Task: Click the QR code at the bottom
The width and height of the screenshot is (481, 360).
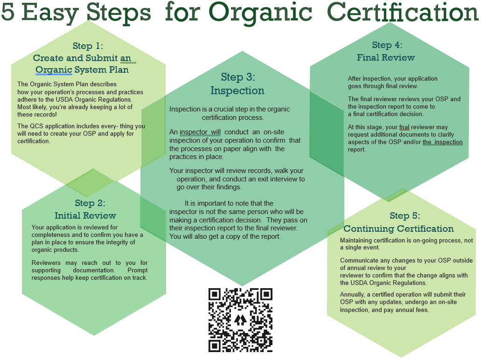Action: click(x=241, y=320)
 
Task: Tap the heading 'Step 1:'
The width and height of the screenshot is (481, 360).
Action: click(x=88, y=46)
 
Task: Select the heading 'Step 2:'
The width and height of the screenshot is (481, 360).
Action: click(x=90, y=203)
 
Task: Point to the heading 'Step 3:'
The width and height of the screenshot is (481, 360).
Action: click(x=238, y=77)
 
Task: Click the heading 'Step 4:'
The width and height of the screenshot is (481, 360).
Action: click(x=387, y=45)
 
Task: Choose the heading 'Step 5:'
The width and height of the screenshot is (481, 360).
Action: click(x=404, y=215)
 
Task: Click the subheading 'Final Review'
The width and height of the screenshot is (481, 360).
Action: click(x=386, y=57)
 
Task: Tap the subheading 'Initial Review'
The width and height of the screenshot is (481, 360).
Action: click(x=85, y=215)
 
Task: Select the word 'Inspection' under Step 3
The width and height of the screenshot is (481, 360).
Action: click(x=237, y=90)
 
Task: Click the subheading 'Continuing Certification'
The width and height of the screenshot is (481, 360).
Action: click(x=398, y=229)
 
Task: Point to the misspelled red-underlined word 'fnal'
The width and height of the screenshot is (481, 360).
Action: click(x=404, y=127)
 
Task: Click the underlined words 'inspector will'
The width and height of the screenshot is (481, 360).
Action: click(x=200, y=132)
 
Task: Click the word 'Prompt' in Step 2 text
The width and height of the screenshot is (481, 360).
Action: click(x=138, y=270)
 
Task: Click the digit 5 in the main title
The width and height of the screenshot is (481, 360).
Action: click(x=7, y=12)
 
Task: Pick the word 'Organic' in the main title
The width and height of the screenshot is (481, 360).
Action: click(x=260, y=13)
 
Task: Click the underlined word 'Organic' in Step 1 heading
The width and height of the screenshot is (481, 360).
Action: click(x=54, y=70)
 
